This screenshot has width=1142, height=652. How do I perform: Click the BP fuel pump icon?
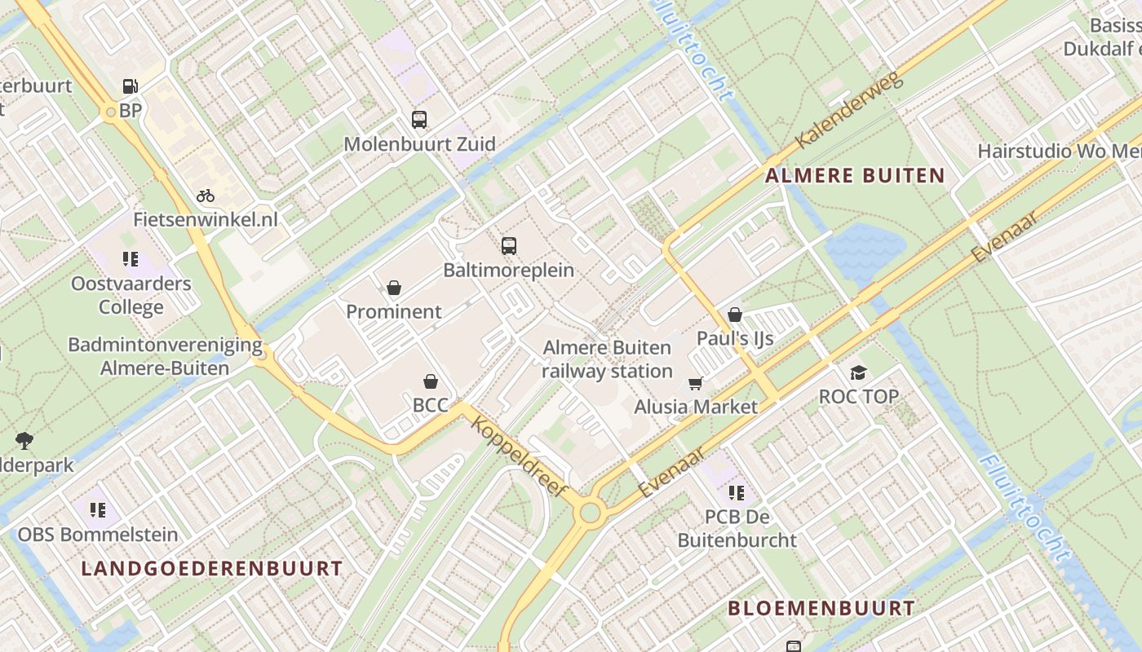click(130, 86)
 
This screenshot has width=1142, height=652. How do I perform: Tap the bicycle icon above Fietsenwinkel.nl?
click(206, 196)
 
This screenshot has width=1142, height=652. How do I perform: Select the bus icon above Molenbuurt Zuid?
click(419, 120)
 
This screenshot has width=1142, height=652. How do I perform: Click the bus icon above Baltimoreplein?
click(509, 245)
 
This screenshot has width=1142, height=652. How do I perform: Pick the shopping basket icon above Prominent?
click(394, 288)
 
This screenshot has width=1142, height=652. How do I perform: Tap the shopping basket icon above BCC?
click(431, 381)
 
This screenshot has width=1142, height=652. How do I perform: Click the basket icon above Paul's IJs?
click(735, 315)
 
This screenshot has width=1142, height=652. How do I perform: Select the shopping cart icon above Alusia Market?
click(696, 383)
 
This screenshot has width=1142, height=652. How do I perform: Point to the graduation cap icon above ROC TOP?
click(858, 372)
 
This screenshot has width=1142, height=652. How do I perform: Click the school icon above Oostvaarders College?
click(131, 259)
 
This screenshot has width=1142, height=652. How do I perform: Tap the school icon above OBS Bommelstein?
click(98, 510)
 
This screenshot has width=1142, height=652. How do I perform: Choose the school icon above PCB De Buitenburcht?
click(737, 492)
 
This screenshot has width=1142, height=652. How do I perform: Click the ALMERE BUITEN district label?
click(855, 175)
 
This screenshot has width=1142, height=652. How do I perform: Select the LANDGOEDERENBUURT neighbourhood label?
click(212, 568)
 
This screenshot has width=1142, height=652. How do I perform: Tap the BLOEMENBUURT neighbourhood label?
click(821, 608)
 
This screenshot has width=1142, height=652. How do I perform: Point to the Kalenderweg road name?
click(849, 111)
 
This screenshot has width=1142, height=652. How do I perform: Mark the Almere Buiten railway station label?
click(608, 359)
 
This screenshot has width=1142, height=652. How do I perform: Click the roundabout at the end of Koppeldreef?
click(590, 513)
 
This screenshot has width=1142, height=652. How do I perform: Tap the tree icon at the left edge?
click(24, 441)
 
